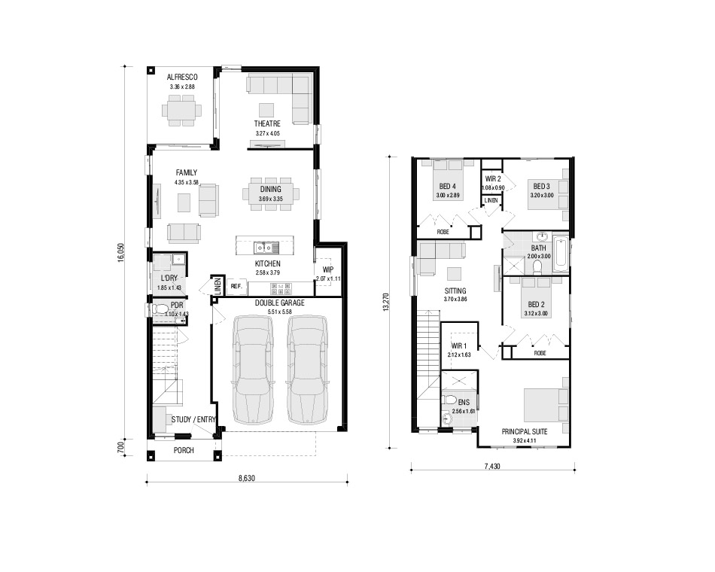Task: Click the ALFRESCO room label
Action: pyautogui.click(x=182, y=77)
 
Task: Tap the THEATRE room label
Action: pyautogui.click(x=267, y=123)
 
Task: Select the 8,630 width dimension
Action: pyautogui.click(x=247, y=479)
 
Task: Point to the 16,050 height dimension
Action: pyautogui.click(x=120, y=252)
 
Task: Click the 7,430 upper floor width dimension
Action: pyautogui.click(x=492, y=466)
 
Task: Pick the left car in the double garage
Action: pyautogui.click(x=253, y=369)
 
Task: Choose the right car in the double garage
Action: pyautogui.click(x=307, y=369)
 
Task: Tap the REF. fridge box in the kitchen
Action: pyautogui.click(x=236, y=287)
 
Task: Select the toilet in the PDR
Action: pyautogui.click(x=160, y=310)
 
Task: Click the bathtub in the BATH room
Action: pyautogui.click(x=561, y=254)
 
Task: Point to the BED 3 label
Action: pyautogui.click(x=541, y=186)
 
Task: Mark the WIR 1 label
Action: pyautogui.click(x=459, y=345)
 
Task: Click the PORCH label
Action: pyautogui.click(x=184, y=450)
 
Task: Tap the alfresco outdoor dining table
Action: pyautogui.click(x=181, y=111)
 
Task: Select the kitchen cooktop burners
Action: pyautogui.click(x=281, y=289)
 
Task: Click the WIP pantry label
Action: pyautogui.click(x=328, y=269)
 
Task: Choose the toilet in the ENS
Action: pyautogui.click(x=449, y=400)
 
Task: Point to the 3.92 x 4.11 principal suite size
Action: pyautogui.click(x=525, y=440)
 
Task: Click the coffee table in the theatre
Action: pyautogui.click(x=266, y=110)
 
